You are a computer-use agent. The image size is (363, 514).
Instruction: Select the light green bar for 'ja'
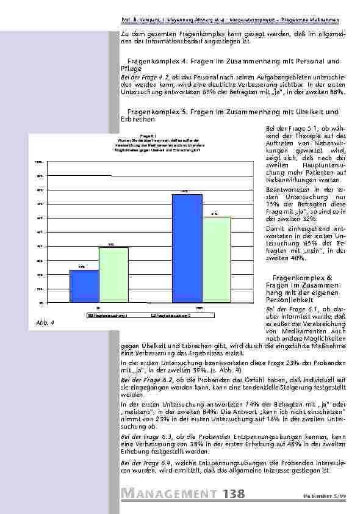[x=113, y=275]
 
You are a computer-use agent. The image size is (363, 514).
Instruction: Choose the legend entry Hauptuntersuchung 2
[x=172, y=315]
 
